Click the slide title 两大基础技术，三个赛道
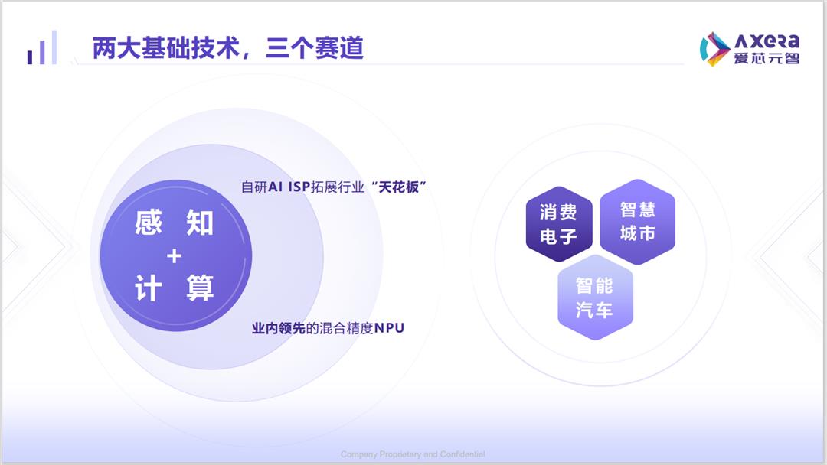click(x=228, y=48)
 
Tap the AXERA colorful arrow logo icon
click(x=714, y=49)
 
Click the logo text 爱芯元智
click(x=767, y=58)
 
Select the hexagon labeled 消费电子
click(x=558, y=224)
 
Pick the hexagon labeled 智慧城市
click(x=638, y=222)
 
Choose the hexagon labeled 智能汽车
click(x=595, y=298)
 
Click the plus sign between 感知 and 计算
click(x=174, y=256)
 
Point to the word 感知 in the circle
click(x=174, y=223)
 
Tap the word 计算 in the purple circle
click(x=174, y=288)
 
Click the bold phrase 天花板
click(x=399, y=187)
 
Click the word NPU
click(x=389, y=328)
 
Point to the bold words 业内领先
click(x=279, y=328)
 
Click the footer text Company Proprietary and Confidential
click(x=413, y=454)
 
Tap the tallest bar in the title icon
click(x=54, y=47)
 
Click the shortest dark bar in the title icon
click(x=30, y=57)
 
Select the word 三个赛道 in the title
click(x=315, y=48)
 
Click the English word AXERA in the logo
click(x=767, y=41)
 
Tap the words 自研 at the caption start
click(x=254, y=187)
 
